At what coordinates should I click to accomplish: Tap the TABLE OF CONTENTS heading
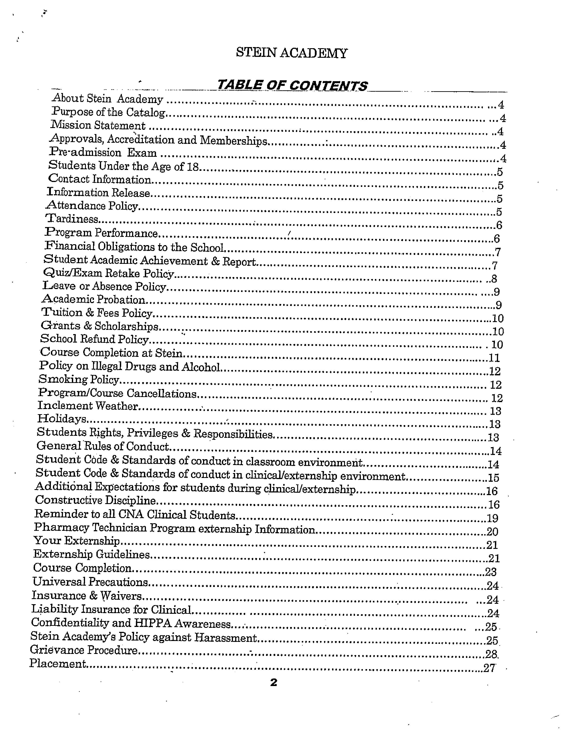point(292,85)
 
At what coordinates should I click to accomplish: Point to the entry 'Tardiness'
point(72,219)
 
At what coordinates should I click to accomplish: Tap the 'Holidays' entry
point(62,419)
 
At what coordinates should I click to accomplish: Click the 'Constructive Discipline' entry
point(96,500)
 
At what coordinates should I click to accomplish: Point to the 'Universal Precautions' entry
point(90,582)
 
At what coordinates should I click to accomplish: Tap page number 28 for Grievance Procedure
point(491,654)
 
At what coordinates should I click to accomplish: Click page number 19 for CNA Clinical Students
point(492,518)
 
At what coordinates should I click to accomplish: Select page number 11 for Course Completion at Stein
point(494,358)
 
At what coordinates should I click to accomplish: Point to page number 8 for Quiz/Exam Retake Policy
point(494,279)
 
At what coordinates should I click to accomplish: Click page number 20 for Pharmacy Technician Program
point(492,531)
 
